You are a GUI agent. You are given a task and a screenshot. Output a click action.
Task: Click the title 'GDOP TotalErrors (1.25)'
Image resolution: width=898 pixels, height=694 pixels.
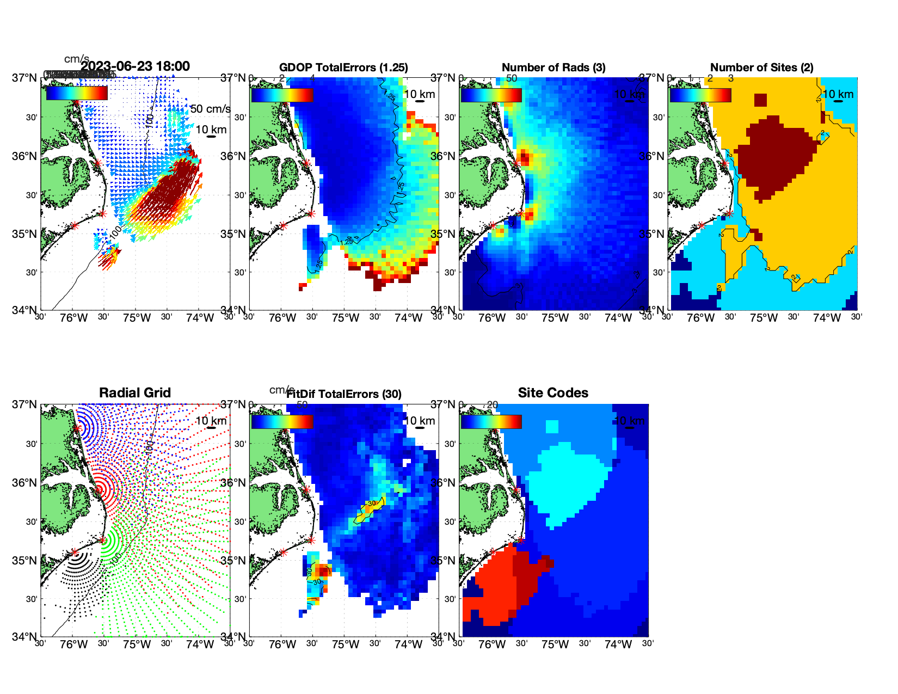(343, 67)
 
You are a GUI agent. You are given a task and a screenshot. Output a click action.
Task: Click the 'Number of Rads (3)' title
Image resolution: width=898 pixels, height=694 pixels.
(553, 67)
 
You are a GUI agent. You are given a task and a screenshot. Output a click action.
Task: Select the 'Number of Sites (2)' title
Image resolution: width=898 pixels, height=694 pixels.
(762, 67)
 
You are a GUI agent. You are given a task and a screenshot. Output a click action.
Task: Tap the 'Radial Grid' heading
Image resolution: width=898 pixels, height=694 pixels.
(135, 393)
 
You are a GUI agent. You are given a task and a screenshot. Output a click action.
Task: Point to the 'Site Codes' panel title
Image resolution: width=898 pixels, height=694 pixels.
(553, 393)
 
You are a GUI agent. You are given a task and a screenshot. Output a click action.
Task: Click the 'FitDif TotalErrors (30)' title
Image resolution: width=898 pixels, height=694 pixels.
(344, 394)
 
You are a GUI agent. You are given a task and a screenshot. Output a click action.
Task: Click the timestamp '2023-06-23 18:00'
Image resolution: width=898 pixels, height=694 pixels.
(135, 66)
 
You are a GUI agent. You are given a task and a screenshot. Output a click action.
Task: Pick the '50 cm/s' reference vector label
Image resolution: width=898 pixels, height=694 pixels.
(211, 109)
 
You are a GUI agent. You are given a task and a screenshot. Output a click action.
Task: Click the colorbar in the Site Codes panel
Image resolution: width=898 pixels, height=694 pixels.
(491, 422)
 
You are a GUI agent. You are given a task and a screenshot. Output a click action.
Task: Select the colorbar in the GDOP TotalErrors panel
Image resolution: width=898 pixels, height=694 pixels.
(282, 95)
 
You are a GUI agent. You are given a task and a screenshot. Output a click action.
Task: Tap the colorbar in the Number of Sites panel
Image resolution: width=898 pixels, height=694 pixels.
(700, 95)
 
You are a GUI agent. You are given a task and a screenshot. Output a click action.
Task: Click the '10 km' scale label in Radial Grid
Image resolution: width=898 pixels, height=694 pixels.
(211, 421)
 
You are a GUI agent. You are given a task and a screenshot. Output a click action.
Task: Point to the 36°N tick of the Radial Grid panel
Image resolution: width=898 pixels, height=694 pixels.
(24, 483)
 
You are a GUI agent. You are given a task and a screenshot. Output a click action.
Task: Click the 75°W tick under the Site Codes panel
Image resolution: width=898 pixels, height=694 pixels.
(555, 644)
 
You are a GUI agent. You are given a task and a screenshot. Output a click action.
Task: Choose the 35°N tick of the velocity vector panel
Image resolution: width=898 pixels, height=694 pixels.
(24, 234)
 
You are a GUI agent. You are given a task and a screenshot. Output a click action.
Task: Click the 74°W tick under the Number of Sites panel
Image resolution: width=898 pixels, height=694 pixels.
(827, 318)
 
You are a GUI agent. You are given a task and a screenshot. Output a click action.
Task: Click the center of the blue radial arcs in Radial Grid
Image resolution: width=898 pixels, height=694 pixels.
(77, 428)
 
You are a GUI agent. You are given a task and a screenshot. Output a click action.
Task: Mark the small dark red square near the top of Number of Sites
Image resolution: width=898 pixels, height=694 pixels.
(760, 100)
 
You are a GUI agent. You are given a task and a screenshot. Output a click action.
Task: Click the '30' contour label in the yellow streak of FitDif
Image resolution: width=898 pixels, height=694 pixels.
(372, 503)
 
